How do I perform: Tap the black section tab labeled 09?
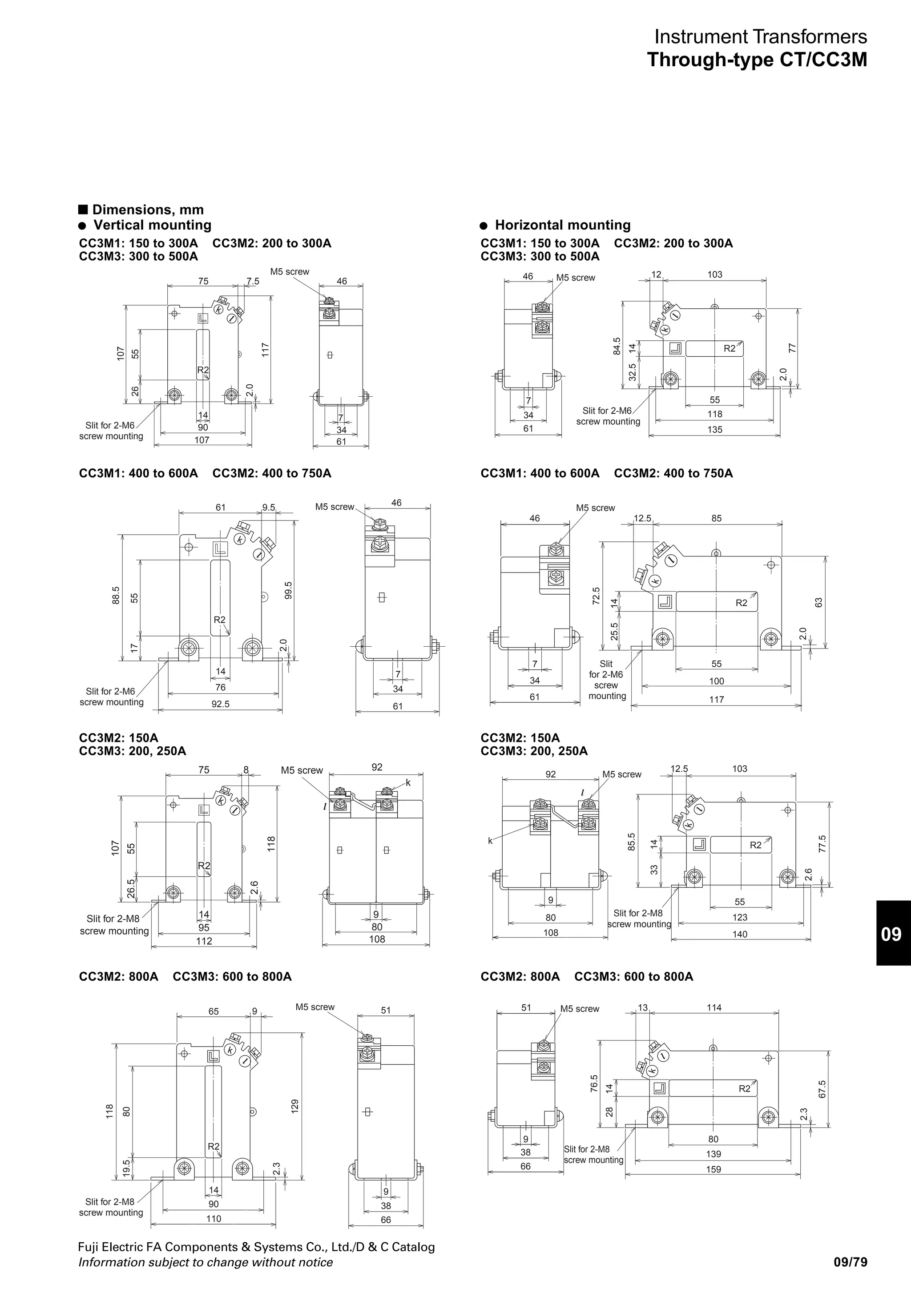click(x=891, y=934)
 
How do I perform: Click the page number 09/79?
click(x=851, y=1263)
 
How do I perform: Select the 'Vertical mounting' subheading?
click(x=152, y=225)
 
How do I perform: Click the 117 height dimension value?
click(x=266, y=350)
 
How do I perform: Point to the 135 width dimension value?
click(x=714, y=430)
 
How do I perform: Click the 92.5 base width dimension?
click(x=220, y=704)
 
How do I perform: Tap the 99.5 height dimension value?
click(x=289, y=590)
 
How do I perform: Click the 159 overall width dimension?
click(x=713, y=1169)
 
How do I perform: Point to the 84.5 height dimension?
click(x=617, y=346)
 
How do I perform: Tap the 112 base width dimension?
click(x=204, y=941)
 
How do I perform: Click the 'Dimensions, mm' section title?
click(x=148, y=210)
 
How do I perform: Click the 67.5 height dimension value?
click(x=822, y=1089)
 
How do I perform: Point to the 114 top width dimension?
click(x=714, y=1008)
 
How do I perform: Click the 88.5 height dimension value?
click(x=116, y=595)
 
